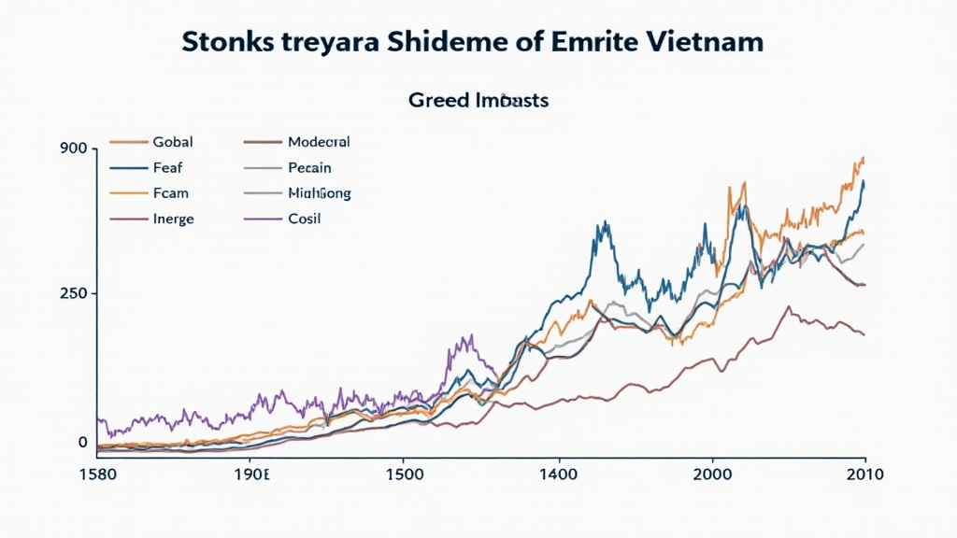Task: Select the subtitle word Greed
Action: [436, 100]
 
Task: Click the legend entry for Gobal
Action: [172, 142]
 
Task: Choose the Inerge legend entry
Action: [174, 219]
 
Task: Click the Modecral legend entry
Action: [319, 142]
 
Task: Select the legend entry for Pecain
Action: [309, 168]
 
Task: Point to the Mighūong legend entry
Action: [320, 193]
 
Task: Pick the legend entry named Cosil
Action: [305, 219]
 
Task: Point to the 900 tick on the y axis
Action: [74, 149]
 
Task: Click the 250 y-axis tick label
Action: [74, 293]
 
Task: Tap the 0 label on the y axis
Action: [83, 442]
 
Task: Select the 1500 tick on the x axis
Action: [403, 474]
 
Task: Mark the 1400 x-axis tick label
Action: [558, 474]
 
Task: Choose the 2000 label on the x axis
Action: [713, 474]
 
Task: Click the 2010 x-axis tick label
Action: [864, 474]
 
